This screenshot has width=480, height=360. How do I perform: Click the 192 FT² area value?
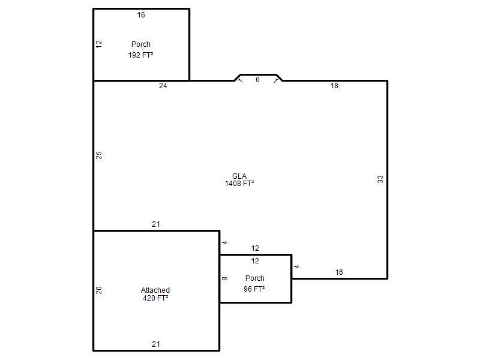(140, 55)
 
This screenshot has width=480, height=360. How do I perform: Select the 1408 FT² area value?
(239, 184)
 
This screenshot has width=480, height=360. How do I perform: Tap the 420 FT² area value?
(155, 298)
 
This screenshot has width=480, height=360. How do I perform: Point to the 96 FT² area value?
(254, 289)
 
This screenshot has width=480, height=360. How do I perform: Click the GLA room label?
(239, 176)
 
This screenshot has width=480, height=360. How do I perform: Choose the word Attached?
(155, 290)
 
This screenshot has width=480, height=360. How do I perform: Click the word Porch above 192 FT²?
(141, 44)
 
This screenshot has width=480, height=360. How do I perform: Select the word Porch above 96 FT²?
(254, 278)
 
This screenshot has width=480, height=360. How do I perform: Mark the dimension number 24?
(163, 86)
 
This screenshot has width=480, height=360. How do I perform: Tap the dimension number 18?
(334, 86)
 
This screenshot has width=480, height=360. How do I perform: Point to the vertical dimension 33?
(380, 179)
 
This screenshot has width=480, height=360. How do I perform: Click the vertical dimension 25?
(99, 155)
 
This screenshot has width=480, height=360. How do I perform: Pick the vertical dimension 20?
(99, 290)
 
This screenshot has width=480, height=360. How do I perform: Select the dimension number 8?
(224, 278)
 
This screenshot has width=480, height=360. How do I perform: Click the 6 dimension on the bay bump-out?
(257, 80)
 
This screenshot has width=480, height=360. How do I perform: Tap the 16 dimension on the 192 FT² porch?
(141, 14)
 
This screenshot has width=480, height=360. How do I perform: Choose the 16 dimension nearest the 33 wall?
(339, 272)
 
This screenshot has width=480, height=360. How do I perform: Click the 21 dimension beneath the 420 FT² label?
(156, 344)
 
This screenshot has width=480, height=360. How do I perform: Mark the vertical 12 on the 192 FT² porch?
(99, 44)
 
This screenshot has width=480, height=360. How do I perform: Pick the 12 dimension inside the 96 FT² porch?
(255, 261)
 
